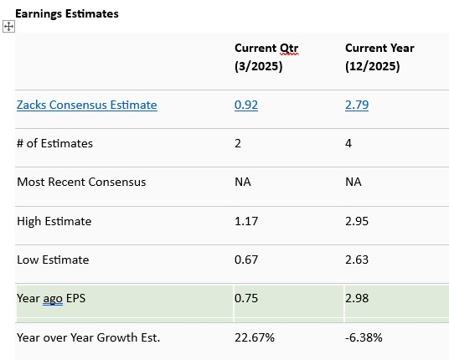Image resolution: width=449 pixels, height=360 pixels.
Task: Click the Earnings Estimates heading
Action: pyautogui.click(x=66, y=13)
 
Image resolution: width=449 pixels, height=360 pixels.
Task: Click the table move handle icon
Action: pyautogui.click(x=9, y=27)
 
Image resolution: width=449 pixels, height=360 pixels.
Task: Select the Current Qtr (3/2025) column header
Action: pyautogui.click(x=266, y=57)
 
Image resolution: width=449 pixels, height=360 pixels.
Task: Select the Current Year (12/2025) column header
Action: pyautogui.click(x=379, y=57)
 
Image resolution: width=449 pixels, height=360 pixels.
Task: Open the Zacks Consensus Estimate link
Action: pyautogui.click(x=86, y=105)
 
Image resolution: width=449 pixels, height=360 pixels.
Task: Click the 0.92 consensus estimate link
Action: pyautogui.click(x=245, y=105)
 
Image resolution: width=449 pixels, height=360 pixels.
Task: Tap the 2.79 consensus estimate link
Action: pyautogui.click(x=356, y=105)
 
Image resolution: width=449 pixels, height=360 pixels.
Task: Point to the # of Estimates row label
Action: pyautogui.click(x=54, y=143)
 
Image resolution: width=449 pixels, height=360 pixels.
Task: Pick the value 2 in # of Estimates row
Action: pyautogui.click(x=238, y=143)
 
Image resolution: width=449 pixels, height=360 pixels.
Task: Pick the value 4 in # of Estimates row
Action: pyautogui.click(x=348, y=143)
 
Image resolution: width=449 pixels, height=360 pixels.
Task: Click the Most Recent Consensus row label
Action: pyautogui.click(x=81, y=182)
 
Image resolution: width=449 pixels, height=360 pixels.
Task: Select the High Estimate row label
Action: pyautogui.click(x=54, y=221)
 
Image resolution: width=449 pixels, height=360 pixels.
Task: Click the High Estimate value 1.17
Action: pyautogui.click(x=245, y=221)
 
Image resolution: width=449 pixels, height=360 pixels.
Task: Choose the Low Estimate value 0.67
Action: pyautogui.click(x=245, y=260)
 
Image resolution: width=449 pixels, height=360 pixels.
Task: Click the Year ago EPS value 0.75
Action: pyautogui.click(x=245, y=298)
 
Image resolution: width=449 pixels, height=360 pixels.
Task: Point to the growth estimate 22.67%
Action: pyautogui.click(x=254, y=337)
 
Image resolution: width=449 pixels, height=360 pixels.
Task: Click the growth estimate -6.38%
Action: pyautogui.click(x=364, y=337)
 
